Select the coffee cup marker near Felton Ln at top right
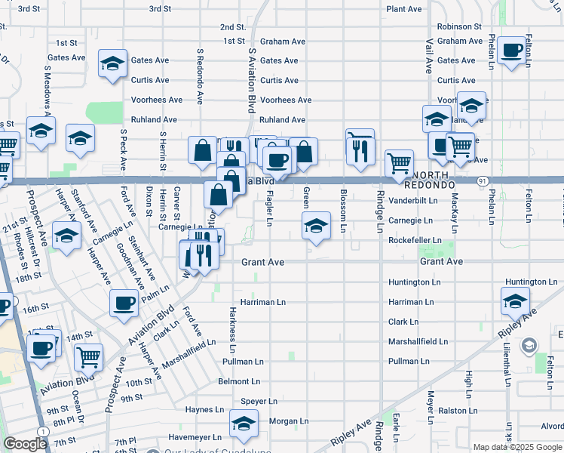(x=512, y=51)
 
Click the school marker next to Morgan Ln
(x=244, y=424)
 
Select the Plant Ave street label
(x=403, y=9)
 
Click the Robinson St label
(x=458, y=26)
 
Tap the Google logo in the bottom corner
(x=26, y=444)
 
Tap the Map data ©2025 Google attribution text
(x=517, y=447)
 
